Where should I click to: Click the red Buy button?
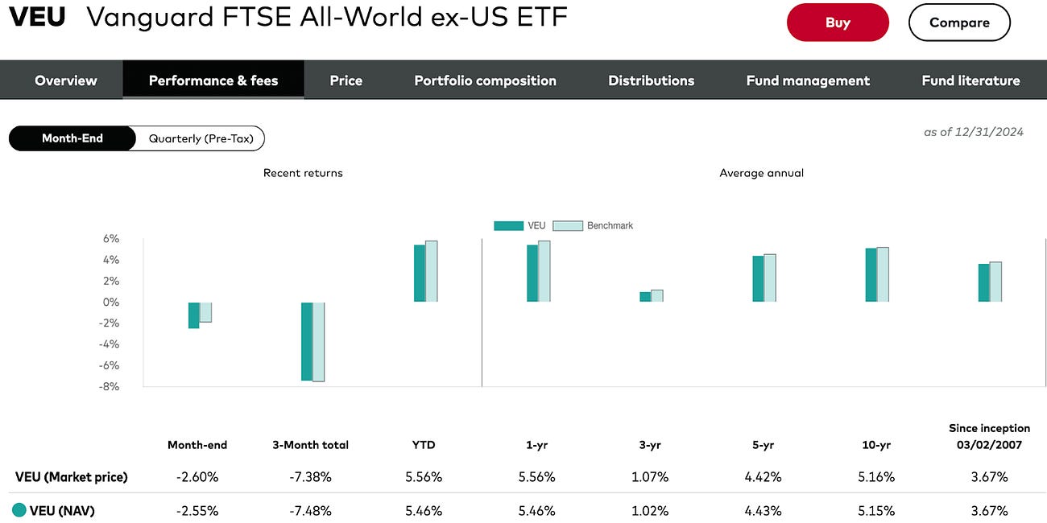coord(838,23)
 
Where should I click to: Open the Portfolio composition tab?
coord(485,80)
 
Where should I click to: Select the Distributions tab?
coord(651,80)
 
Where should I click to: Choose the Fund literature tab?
coord(970,80)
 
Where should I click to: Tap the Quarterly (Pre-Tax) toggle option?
coord(201,138)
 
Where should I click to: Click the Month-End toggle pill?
coord(72,138)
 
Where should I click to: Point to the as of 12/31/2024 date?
coord(973,132)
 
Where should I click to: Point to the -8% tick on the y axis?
coord(110,386)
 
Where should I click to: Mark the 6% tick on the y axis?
coord(110,239)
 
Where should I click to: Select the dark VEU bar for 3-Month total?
coord(306,341)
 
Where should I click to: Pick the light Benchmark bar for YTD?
coord(431,271)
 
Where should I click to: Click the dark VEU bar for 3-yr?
coord(645,297)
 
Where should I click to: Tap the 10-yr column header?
coord(875,445)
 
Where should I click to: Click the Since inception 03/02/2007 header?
coord(989,437)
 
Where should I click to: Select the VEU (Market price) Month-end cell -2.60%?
coord(197,477)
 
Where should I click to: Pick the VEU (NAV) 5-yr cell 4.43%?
coord(763,511)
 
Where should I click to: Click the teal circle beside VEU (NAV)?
coord(19,510)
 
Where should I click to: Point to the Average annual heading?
coord(761,173)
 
